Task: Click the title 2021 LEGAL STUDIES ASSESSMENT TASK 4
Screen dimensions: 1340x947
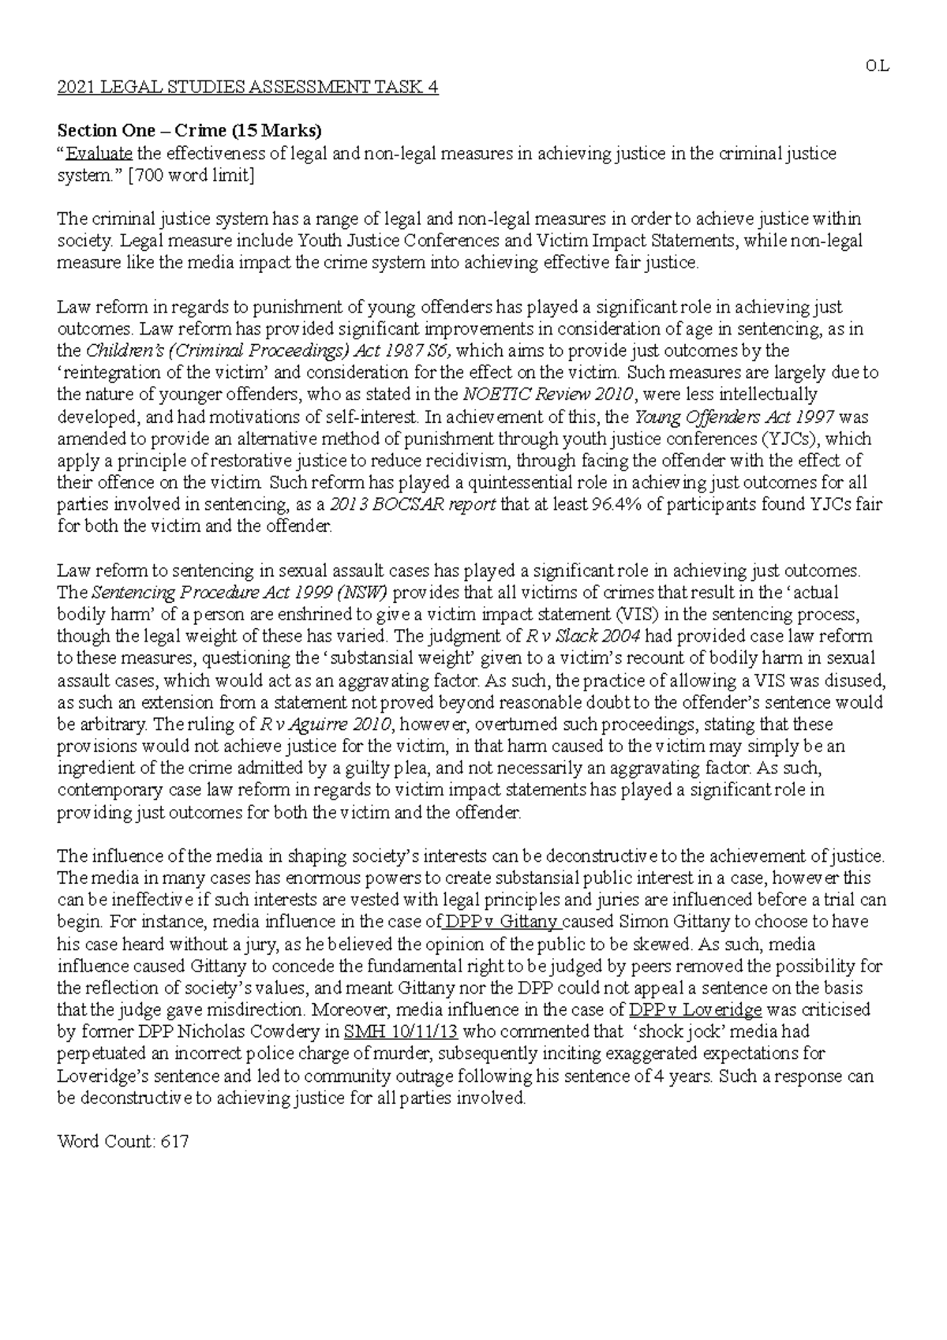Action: point(248,87)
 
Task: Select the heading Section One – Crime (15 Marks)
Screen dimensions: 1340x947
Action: point(190,130)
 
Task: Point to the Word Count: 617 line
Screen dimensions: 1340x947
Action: point(123,1141)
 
